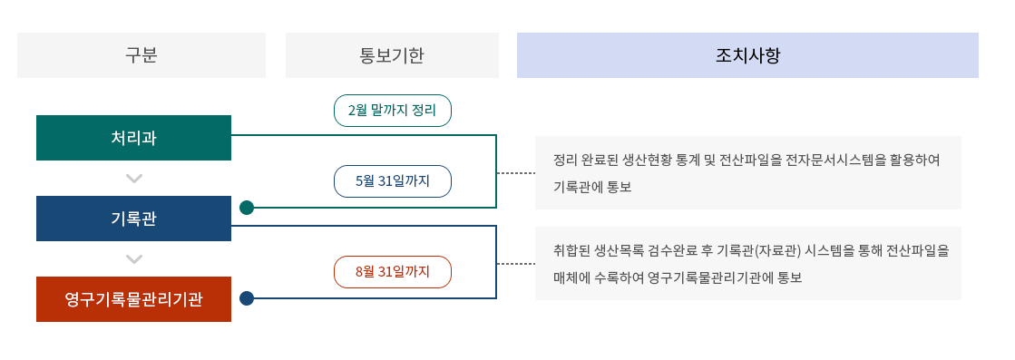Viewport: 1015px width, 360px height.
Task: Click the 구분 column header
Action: click(142, 55)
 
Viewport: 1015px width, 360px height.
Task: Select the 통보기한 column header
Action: click(392, 55)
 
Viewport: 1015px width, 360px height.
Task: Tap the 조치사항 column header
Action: click(747, 55)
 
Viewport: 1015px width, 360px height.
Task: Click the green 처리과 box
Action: click(133, 138)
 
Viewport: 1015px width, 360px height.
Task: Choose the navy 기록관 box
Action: click(133, 219)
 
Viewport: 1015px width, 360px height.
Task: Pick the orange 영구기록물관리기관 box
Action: click(133, 299)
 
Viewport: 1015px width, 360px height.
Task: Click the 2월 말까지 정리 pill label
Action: click(392, 111)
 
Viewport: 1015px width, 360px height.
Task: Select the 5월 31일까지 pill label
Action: click(392, 181)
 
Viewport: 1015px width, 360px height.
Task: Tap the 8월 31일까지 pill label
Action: click(392, 272)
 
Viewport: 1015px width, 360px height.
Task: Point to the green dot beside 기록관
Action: click(247, 208)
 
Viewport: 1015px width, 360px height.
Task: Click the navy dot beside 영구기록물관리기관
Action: click(247, 298)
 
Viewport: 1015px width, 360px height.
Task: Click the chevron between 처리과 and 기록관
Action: click(134, 179)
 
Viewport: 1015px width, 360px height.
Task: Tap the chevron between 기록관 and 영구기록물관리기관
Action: click(134, 259)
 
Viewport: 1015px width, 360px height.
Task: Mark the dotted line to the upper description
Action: click(515, 172)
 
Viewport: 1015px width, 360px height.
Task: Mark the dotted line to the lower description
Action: click(515, 264)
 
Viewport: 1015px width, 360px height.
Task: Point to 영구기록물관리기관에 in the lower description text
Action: click(698, 277)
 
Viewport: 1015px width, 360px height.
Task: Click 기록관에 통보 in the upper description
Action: click(591, 188)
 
